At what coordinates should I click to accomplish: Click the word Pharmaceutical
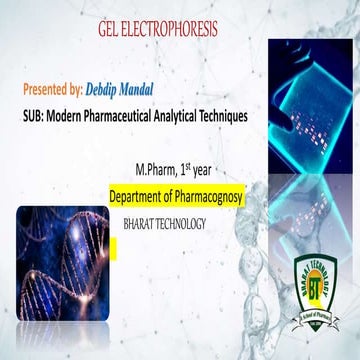(128, 116)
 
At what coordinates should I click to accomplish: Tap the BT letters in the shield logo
(320, 290)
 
